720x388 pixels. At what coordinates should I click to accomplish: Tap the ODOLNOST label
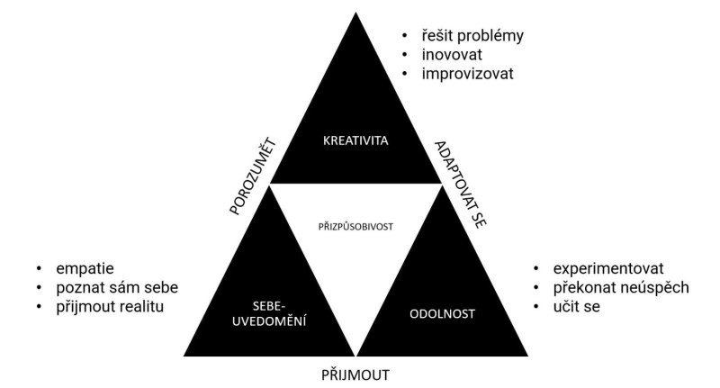(444, 315)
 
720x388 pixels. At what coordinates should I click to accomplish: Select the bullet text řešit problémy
(473, 36)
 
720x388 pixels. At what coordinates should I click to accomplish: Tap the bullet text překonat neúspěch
(622, 288)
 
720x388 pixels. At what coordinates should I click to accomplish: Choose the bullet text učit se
(578, 307)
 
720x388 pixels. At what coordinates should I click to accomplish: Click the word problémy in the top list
(491, 36)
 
